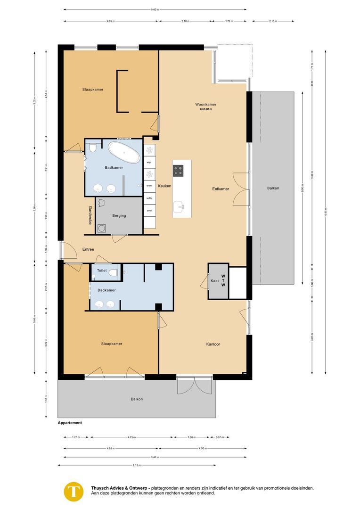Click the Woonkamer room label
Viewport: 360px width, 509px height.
[206, 104]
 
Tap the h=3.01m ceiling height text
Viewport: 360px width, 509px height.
[206, 109]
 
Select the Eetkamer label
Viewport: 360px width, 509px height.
[221, 189]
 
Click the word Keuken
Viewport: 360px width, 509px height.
[164, 186]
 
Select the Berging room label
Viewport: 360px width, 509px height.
[119, 215]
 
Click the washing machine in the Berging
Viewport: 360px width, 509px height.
[102, 229]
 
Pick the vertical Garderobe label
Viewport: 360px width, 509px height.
[90, 215]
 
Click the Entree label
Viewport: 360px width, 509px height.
[88, 249]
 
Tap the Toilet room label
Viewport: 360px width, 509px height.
[102, 271]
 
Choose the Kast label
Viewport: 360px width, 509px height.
[214, 280]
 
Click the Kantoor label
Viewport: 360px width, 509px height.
[213, 344]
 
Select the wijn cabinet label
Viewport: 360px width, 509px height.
[149, 162]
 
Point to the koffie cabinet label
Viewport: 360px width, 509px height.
[149, 198]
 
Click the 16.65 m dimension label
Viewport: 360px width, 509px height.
[325, 211]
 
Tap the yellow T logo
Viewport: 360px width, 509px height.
[74, 491]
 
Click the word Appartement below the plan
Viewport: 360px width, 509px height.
[70, 423]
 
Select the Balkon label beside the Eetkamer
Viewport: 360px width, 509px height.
[273, 188]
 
